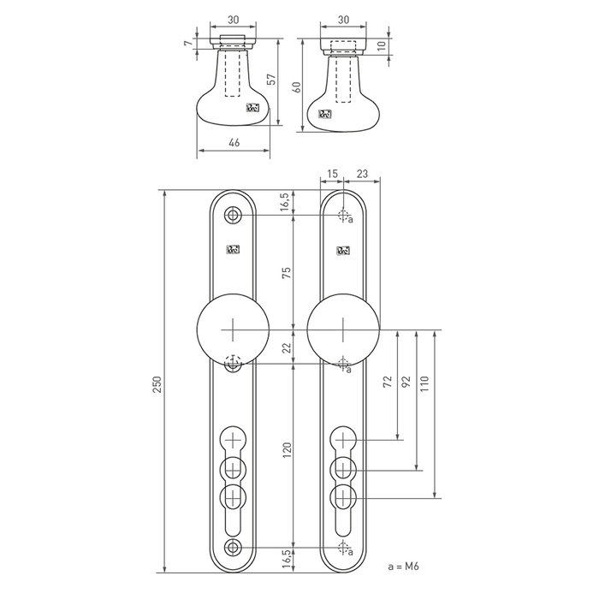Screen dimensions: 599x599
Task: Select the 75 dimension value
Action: pyautogui.click(x=288, y=274)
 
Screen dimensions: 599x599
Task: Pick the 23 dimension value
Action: pyautogui.click(x=361, y=175)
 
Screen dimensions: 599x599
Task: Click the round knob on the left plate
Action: pyautogui.click(x=232, y=330)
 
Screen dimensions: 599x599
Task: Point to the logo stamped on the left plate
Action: pyautogui.click(x=232, y=250)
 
